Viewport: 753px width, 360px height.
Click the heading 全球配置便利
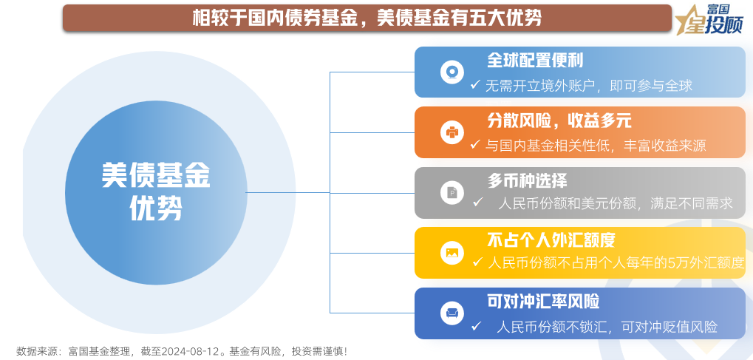pos(535,61)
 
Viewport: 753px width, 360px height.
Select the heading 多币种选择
pos(527,180)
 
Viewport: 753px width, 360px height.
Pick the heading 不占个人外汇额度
pos(551,240)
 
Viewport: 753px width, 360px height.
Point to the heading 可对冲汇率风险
pos(543,302)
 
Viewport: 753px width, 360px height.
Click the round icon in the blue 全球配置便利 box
pos(452,72)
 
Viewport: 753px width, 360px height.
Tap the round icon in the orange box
pos(452,132)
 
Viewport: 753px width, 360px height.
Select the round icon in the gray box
pos(452,192)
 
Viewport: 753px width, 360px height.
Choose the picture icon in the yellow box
pos(452,252)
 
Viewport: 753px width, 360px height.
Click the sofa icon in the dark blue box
pos(452,313)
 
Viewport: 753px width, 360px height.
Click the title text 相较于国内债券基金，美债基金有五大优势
pos(367,18)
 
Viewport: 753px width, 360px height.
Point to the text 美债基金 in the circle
pos(156,177)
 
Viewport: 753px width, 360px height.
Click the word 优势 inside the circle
pos(156,209)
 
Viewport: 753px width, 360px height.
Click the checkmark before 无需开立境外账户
pos(475,85)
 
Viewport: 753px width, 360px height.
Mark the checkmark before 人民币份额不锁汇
pos(476,326)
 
